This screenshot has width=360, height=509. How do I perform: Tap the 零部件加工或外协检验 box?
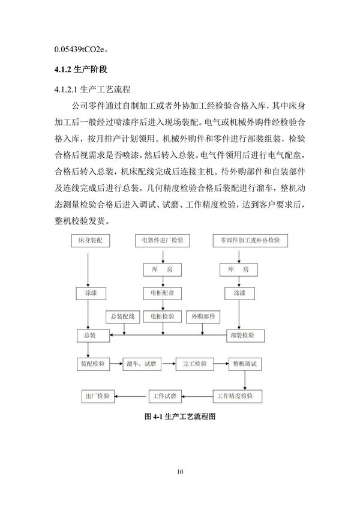point(250,240)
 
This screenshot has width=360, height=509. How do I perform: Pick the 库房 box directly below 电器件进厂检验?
point(162,270)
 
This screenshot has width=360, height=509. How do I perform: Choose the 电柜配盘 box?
point(162,294)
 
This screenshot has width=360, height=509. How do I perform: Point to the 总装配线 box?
point(124,316)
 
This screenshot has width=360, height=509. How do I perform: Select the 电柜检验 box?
point(162,316)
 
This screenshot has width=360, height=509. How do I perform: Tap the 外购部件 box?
point(203,316)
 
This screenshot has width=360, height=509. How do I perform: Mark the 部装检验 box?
point(242,334)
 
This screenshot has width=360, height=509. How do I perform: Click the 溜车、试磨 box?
point(142,364)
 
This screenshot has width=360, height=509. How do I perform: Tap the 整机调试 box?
point(245,364)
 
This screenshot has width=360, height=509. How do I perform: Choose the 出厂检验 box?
point(97,396)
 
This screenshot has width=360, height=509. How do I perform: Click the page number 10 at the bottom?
point(180,472)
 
